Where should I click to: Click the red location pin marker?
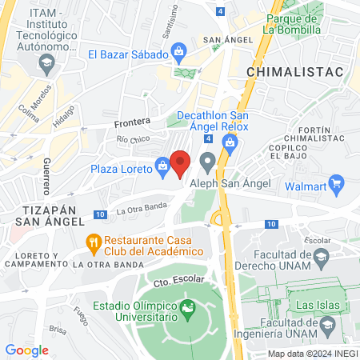181,163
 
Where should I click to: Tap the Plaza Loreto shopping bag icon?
162,166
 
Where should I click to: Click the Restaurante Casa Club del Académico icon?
94,241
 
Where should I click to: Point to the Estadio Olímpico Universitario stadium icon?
188,307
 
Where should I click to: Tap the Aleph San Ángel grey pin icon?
208,166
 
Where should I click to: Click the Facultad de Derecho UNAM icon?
322,256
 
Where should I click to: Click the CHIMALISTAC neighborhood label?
294,71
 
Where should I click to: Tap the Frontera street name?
132,122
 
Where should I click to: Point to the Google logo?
27,350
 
